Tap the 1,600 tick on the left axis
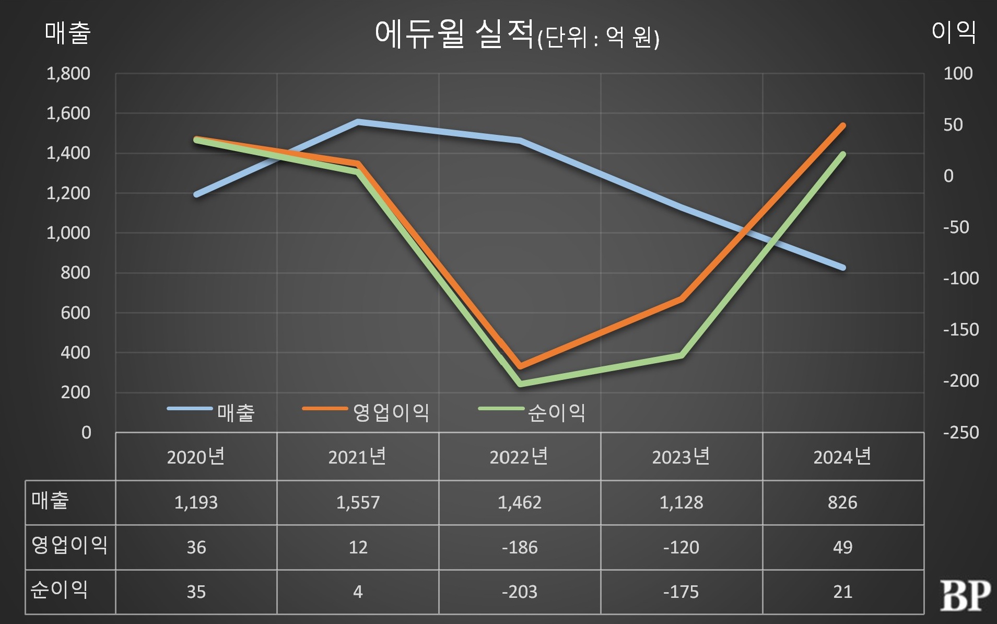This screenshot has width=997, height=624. click(68, 113)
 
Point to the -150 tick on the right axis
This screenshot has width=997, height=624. click(960, 330)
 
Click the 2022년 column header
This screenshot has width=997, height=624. click(519, 457)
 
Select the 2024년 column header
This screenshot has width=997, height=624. click(842, 457)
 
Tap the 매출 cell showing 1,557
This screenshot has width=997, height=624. click(358, 502)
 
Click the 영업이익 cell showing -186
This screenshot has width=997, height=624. click(520, 547)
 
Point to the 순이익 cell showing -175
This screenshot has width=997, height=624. click(681, 592)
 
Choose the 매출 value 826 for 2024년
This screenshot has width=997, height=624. click(842, 502)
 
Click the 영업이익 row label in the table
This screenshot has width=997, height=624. click(69, 545)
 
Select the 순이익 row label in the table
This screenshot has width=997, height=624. click(59, 590)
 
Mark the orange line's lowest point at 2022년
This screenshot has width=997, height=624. click(520, 366)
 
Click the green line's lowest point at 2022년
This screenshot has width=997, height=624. click(521, 384)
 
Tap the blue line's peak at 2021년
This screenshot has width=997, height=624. click(358, 122)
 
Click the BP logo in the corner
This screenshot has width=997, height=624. click(965, 595)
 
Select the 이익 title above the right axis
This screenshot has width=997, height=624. click(954, 32)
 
